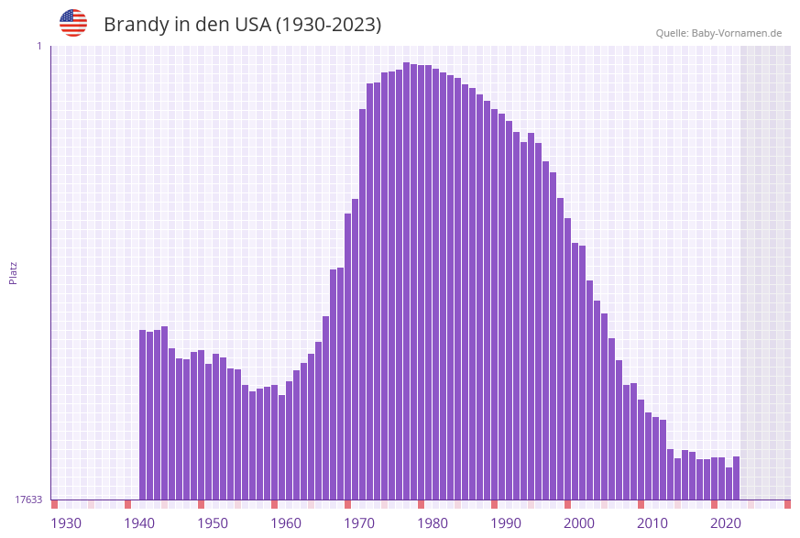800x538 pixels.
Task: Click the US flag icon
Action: (73, 23)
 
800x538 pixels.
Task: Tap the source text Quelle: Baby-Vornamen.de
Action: (718, 33)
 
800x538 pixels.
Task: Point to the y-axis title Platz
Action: (13, 272)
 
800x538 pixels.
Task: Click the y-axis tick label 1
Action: (38, 46)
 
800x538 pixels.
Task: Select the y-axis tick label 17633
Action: (28, 500)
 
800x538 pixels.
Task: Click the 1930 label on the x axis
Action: (66, 523)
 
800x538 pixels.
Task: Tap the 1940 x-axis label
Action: (139, 523)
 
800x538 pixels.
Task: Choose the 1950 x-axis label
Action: (213, 523)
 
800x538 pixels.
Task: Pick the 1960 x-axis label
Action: (286, 523)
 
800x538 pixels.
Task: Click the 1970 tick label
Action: (359, 523)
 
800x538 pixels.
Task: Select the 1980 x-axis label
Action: (433, 523)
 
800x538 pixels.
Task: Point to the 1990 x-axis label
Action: (506, 523)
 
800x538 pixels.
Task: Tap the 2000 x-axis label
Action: (579, 523)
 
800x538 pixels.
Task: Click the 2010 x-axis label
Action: (652, 523)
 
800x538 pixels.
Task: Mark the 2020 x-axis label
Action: (726, 523)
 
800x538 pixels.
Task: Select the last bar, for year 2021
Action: (737, 478)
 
